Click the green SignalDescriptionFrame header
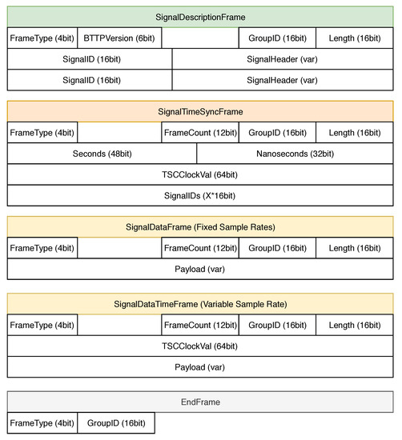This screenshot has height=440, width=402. [x=200, y=16]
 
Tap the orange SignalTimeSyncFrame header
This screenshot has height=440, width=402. [x=200, y=111]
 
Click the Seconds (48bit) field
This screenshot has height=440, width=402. [x=102, y=154]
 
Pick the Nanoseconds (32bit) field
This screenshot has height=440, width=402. [x=295, y=154]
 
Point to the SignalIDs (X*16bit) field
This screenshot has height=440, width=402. [x=200, y=195]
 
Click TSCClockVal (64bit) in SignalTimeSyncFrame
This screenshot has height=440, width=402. [x=200, y=174]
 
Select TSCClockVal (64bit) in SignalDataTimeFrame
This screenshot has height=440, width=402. [x=200, y=346]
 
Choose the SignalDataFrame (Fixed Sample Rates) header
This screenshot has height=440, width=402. [x=200, y=227]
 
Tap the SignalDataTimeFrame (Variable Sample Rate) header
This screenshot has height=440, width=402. [x=200, y=304]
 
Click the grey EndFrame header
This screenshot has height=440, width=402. [x=200, y=402]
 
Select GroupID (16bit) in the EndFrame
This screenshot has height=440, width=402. [x=115, y=423]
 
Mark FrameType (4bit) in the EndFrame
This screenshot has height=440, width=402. [x=42, y=423]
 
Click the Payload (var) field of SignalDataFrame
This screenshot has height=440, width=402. [x=200, y=269]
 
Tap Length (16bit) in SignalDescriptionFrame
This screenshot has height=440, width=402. [x=355, y=38]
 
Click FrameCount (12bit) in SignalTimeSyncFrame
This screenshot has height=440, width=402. [x=199, y=133]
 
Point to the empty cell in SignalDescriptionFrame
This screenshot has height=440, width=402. [x=200, y=38]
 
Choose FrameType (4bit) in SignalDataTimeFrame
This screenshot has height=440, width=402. [x=42, y=326]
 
